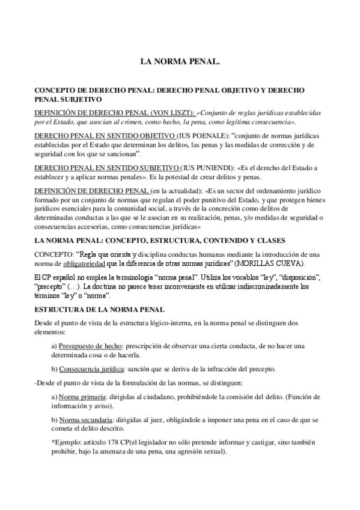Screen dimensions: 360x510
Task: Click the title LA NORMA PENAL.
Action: (180, 61)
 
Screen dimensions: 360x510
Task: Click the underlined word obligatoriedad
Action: (82, 265)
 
